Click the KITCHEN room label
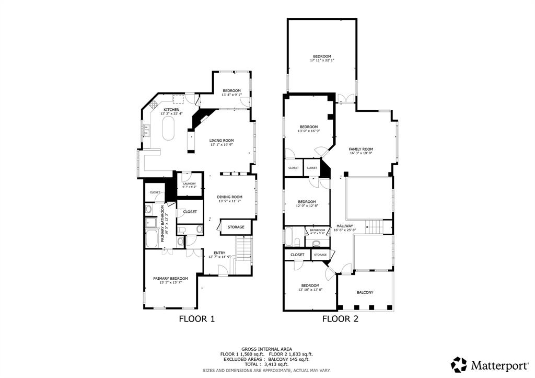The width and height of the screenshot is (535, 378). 171,109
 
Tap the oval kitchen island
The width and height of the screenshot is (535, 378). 168,128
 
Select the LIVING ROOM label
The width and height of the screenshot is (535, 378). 222,140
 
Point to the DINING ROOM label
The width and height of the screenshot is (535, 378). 230,197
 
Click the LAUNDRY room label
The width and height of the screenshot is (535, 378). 189,184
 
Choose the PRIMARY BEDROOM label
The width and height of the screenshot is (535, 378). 170,279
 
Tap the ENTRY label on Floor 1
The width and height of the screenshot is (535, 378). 219,253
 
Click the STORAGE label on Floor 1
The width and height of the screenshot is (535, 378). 236,227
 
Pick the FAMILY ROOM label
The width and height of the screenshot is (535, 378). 361,149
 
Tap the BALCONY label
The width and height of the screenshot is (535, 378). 365,292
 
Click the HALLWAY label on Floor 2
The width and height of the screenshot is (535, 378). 344,226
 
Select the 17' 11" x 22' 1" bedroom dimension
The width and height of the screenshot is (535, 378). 322,60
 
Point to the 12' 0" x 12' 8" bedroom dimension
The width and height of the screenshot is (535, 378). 307,206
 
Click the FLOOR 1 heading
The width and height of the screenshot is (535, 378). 197,318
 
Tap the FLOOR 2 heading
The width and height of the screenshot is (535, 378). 340,318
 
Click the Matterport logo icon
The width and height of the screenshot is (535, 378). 459,364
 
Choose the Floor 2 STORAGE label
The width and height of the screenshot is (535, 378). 320,255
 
